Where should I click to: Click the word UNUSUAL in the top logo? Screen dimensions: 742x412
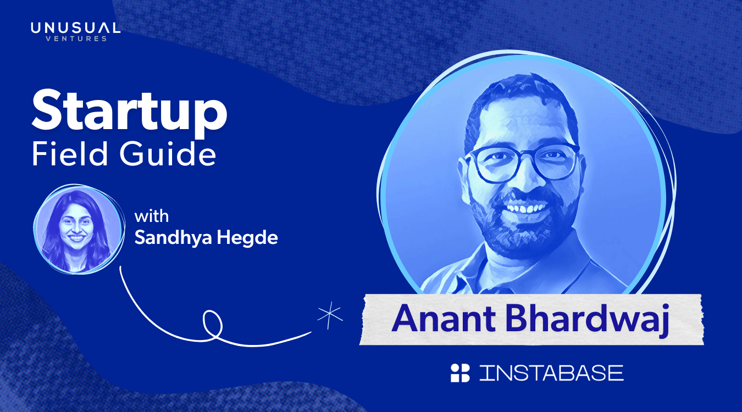pos(75,28)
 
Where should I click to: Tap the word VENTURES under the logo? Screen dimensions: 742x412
pos(76,39)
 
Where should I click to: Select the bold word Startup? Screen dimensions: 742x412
pos(130,113)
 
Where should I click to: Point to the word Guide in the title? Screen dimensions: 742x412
pos(168,154)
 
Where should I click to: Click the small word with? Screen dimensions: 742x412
pos(152,216)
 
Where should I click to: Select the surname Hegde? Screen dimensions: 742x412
pos(247,238)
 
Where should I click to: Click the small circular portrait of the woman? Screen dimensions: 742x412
pos(79,229)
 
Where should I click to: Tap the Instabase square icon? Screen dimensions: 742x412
pos(460,373)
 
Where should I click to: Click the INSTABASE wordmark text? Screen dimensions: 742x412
pos(551,373)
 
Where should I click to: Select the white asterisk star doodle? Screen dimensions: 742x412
pos(330,315)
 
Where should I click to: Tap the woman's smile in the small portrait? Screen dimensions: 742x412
pos(77,237)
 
